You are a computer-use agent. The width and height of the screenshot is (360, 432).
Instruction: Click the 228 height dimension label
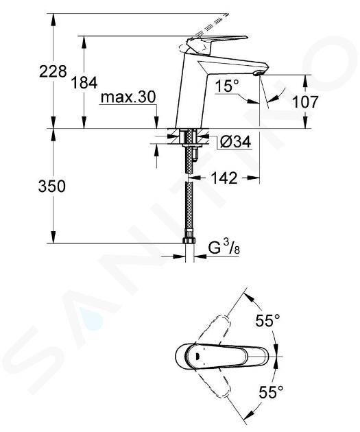pyautogui.click(x=53, y=71)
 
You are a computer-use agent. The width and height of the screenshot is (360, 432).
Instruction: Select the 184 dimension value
pyautogui.click(x=84, y=83)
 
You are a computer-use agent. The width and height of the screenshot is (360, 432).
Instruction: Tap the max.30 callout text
pyautogui.click(x=128, y=97)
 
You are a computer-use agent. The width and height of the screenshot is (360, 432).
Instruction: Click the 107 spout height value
pyautogui.click(x=305, y=102)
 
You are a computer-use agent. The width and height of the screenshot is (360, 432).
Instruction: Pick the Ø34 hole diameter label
pyautogui.click(x=236, y=142)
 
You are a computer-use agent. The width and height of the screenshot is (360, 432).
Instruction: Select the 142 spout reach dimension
pyautogui.click(x=224, y=178)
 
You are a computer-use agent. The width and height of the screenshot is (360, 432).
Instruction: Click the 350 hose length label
pyautogui.click(x=52, y=187)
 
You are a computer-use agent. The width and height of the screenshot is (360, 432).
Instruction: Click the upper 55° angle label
pyautogui.click(x=267, y=321)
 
